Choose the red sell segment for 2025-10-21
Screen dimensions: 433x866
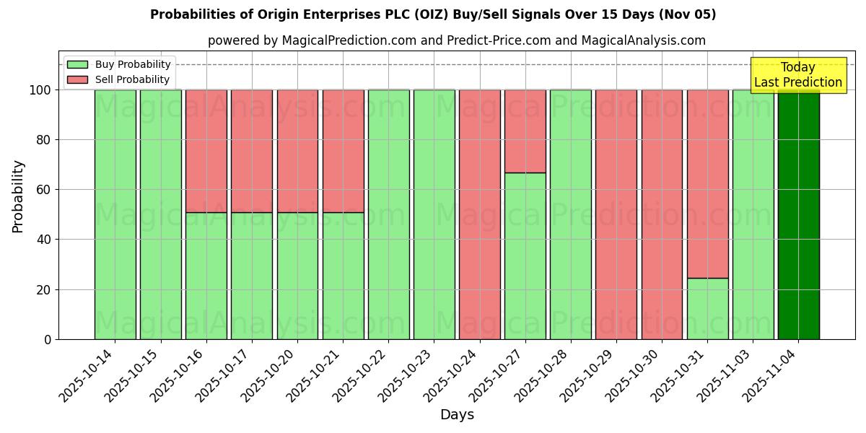[343, 151]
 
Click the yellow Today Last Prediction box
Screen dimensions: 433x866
[798, 75]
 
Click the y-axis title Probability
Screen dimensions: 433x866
[18, 196]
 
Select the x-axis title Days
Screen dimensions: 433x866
[457, 415]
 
